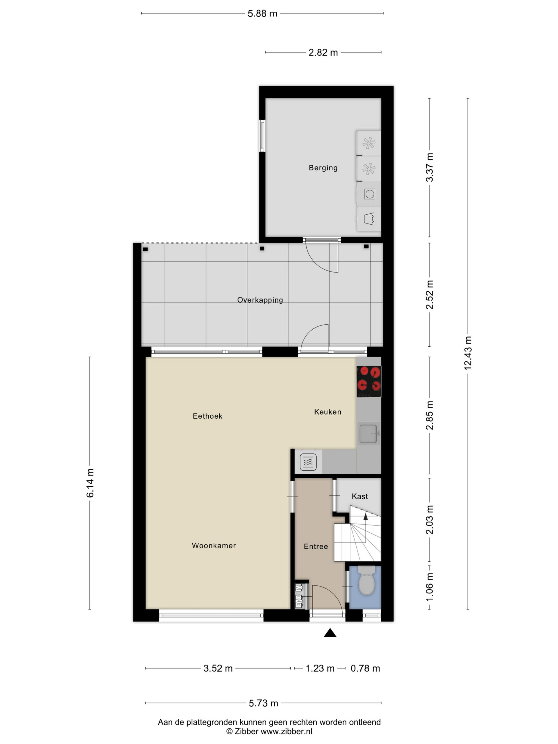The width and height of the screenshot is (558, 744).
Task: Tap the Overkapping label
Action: pos(260,300)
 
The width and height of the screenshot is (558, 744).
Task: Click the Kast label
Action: pos(360,496)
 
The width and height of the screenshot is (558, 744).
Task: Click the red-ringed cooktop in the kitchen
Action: pos(369,381)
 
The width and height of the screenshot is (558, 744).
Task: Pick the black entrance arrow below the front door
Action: pos(330,633)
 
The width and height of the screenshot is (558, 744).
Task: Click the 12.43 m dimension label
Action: pos(468,353)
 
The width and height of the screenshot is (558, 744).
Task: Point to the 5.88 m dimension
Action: pos(262,13)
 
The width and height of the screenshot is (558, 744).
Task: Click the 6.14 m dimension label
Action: pos(90,483)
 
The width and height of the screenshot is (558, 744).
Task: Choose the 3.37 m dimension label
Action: pos(430,167)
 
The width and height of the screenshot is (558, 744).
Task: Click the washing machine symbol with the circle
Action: pos(369,194)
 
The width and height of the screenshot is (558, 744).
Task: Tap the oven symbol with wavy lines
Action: pos(308,462)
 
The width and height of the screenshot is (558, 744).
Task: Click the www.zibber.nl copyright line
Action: pos(269,731)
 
